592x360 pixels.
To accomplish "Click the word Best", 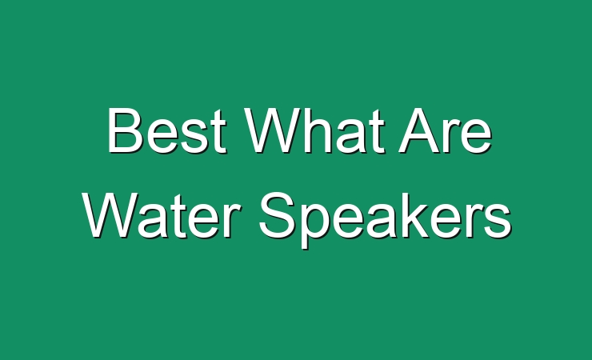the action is pyautogui.click(x=166, y=130).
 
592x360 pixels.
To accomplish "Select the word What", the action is pyautogui.click(x=314, y=130).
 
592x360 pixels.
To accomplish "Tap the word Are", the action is pyautogui.click(x=446, y=130).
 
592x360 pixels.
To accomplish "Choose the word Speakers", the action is pyautogui.click(x=385, y=219).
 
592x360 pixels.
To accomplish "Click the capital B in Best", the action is pyautogui.click(x=125, y=130).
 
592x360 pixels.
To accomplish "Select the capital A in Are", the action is pyautogui.click(x=420, y=130).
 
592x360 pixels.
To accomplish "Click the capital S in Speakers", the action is pyautogui.click(x=278, y=214).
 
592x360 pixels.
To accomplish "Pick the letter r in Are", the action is pyautogui.click(x=453, y=136).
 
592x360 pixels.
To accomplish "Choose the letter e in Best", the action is pyautogui.click(x=162, y=136).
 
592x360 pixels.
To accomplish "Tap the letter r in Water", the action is pyautogui.click(x=231, y=220).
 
